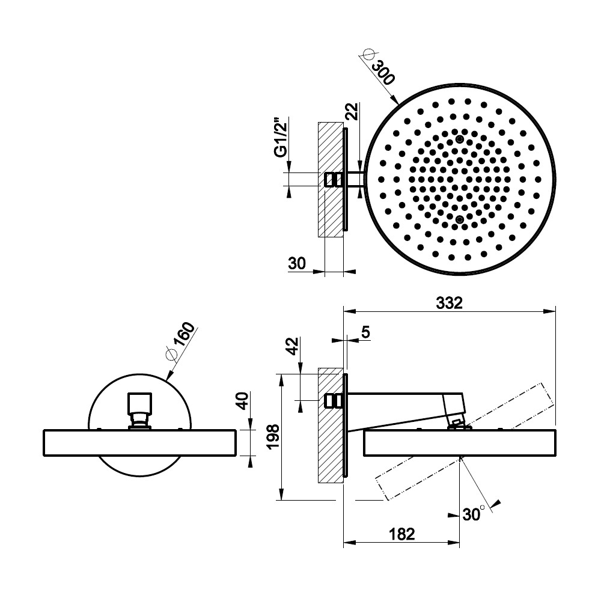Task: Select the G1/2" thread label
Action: click(281, 137)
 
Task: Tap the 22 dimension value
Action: click(352, 112)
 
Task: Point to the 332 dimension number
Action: click(449, 303)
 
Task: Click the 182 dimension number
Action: click(401, 534)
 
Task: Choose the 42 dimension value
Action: click(293, 347)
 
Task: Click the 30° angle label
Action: click(474, 514)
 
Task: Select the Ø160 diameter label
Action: click(180, 341)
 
